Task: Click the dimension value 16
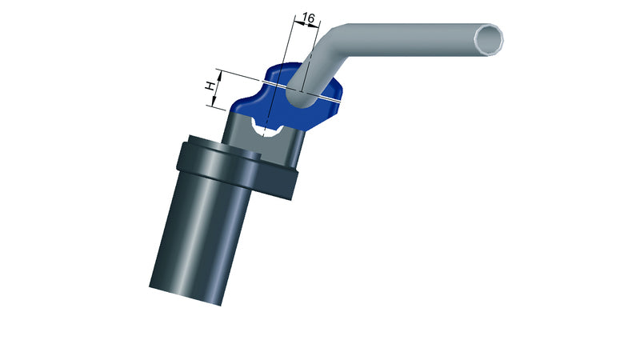click(309, 18)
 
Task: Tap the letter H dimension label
click(210, 86)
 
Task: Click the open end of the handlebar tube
click(489, 39)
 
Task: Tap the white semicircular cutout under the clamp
click(266, 127)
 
